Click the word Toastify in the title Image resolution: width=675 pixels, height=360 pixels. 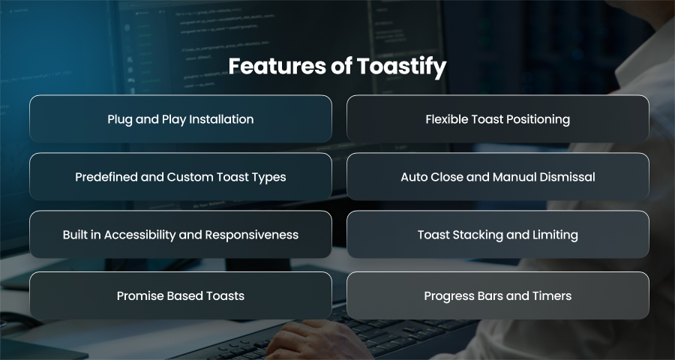click(x=402, y=67)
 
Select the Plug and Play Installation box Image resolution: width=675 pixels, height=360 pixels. click(x=181, y=118)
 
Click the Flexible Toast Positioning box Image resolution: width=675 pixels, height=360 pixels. click(x=498, y=118)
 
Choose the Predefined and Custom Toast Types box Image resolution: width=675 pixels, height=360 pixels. click(x=181, y=176)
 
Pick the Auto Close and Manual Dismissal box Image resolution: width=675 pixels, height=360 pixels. click(x=498, y=176)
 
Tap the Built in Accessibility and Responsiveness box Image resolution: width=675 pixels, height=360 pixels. click(x=181, y=234)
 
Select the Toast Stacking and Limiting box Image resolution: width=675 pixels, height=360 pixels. click(x=498, y=234)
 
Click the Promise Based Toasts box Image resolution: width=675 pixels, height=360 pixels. click(x=181, y=295)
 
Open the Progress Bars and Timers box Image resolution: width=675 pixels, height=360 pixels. click(x=498, y=295)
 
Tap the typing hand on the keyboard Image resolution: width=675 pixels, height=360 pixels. click(x=316, y=341)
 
